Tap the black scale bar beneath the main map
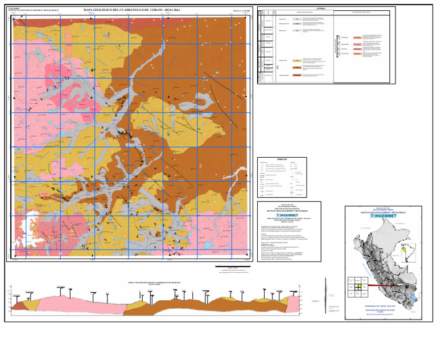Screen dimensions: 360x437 click(x=230, y=265)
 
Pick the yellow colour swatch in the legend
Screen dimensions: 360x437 click(x=296, y=60)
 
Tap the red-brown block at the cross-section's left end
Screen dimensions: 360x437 click(x=18, y=305)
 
